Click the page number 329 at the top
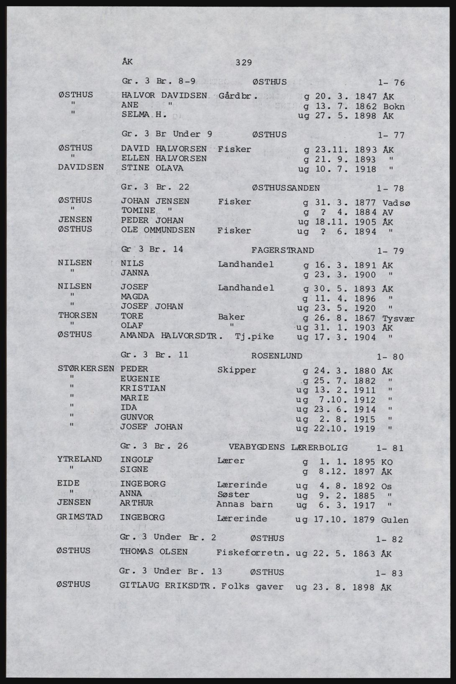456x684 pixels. click(x=243, y=63)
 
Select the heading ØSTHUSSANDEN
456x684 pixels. click(x=286, y=188)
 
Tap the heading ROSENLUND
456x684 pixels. click(x=277, y=356)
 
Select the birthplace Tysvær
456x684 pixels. click(x=398, y=319)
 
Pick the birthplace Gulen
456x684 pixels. click(x=395, y=520)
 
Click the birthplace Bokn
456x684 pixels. click(x=394, y=107)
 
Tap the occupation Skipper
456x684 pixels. click(x=237, y=370)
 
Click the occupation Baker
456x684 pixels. click(x=231, y=317)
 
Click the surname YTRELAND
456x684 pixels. click(x=79, y=459)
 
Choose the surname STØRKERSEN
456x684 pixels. click(x=86, y=369)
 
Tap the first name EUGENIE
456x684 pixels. click(x=140, y=379)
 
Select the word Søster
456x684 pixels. click(x=233, y=495)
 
